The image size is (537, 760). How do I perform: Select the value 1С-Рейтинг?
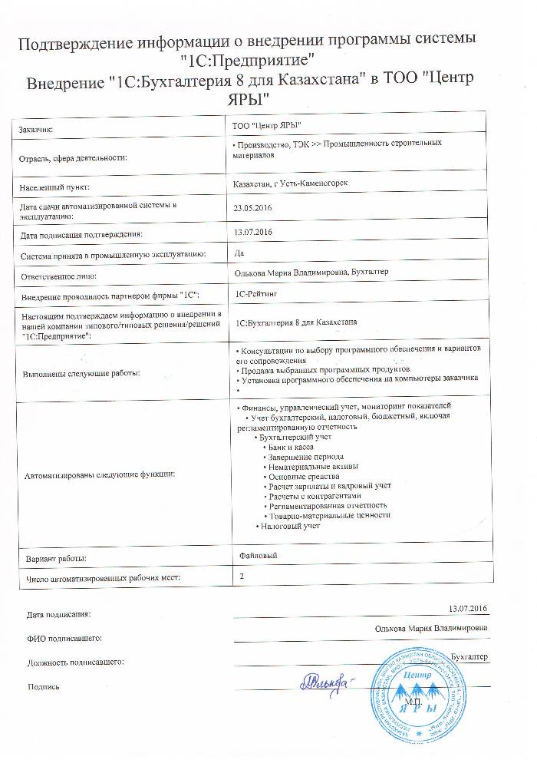pos(259,294)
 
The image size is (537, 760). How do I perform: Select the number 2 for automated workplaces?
pos(242,574)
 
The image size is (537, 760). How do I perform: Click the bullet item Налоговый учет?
pos(289,526)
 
